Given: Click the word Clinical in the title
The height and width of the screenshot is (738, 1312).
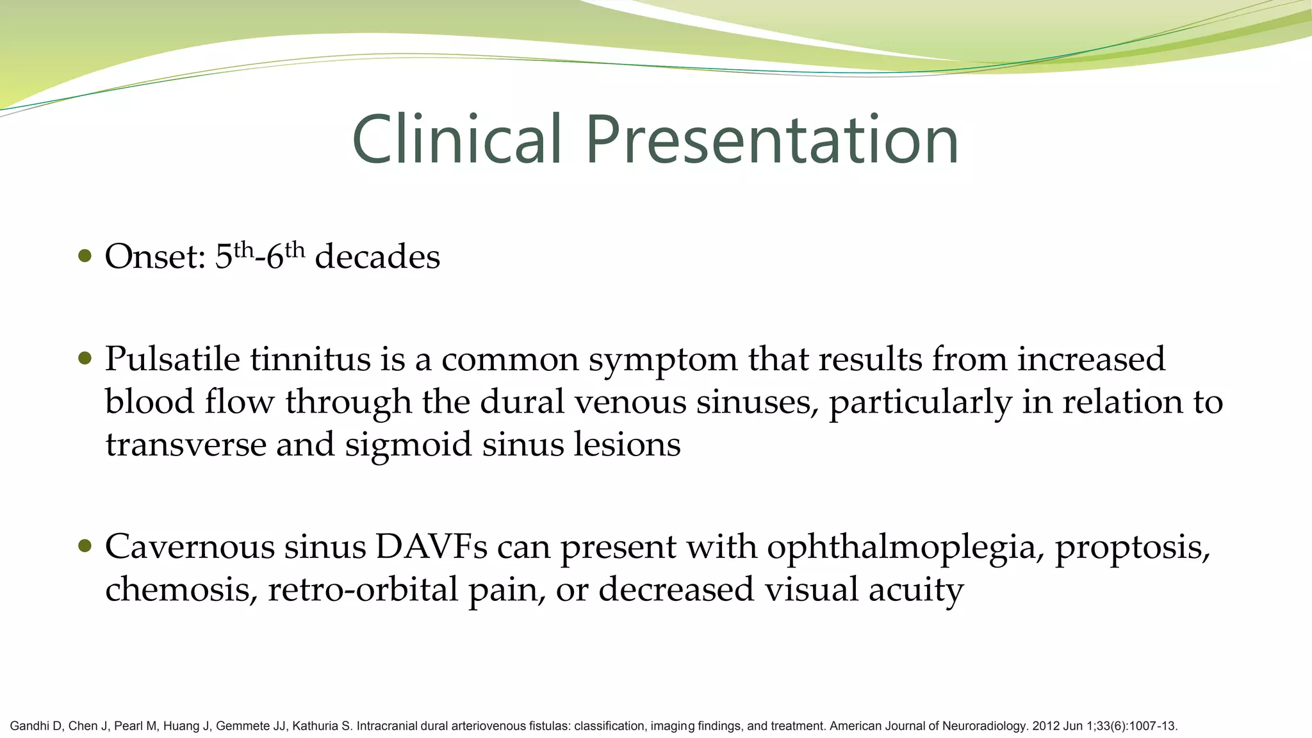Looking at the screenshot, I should (x=457, y=140).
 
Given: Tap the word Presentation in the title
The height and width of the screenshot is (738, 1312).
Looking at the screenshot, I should (x=771, y=140).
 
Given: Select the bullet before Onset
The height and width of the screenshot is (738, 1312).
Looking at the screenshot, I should (x=85, y=256).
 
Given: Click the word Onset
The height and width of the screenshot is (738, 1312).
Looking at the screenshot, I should (x=154, y=256).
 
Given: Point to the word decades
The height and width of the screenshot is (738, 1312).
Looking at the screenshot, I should (x=377, y=256).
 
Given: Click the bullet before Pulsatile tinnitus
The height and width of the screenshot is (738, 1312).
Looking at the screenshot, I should (x=85, y=358).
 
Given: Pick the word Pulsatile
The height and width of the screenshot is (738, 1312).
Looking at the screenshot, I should (x=172, y=358).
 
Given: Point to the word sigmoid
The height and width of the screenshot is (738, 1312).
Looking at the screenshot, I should (x=408, y=445).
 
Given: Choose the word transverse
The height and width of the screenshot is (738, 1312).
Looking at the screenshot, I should (x=186, y=444).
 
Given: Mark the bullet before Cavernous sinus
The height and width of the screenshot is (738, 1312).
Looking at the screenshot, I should (x=85, y=546).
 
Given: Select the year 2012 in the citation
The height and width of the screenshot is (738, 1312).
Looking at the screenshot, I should (x=1045, y=726).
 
